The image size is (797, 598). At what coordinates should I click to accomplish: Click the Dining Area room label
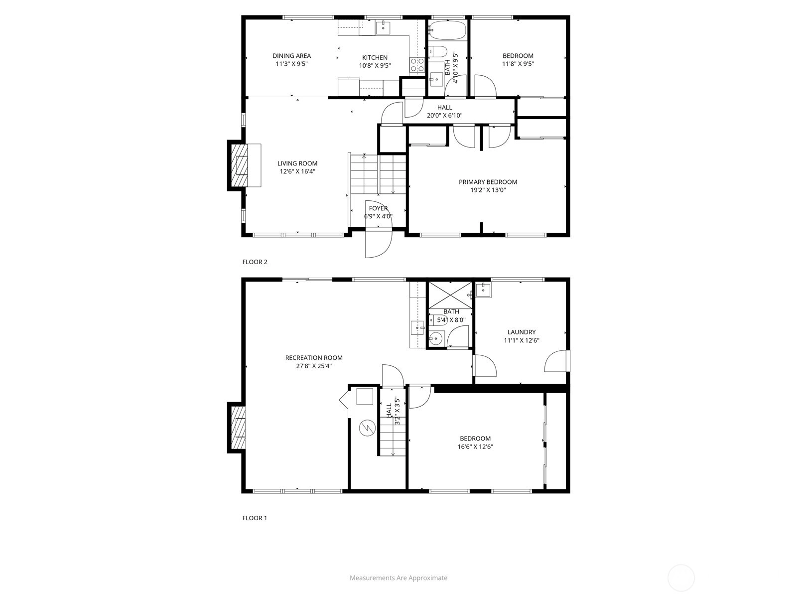291,55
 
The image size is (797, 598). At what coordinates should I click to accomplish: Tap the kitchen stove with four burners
417,65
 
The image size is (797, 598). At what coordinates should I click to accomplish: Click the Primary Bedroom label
488,182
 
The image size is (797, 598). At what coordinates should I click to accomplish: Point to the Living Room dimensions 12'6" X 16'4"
297,171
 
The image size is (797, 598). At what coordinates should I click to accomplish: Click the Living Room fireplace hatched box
240,165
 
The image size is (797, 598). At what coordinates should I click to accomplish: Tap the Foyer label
379,208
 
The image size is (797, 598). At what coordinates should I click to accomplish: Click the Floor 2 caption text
255,262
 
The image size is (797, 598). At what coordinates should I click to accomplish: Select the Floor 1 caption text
255,518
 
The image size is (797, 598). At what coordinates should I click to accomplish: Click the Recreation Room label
314,358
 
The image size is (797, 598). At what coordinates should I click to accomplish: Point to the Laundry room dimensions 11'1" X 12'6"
522,340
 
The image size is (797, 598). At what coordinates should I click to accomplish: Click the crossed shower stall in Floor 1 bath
450,295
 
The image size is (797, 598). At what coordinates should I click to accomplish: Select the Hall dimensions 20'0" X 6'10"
444,116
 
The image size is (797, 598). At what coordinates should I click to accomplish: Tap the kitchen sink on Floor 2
383,27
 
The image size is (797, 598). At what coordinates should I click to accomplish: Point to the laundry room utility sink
483,290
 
